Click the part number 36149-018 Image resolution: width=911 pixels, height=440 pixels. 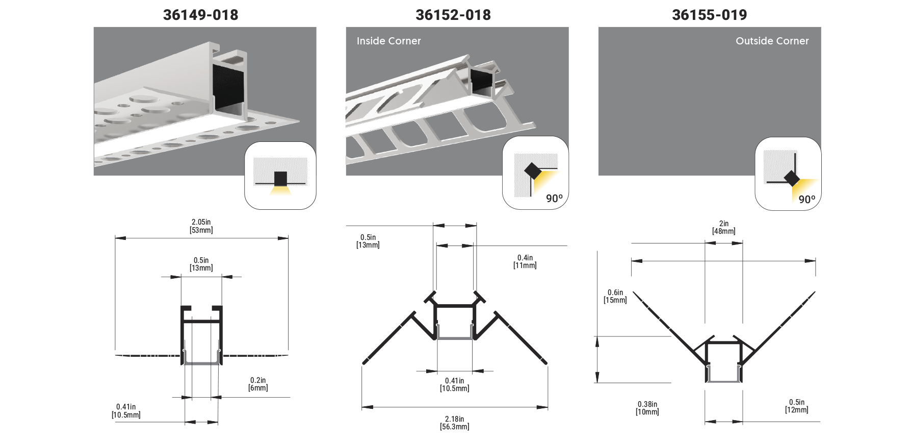(x=200, y=15)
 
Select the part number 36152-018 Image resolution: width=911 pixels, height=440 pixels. (x=453, y=15)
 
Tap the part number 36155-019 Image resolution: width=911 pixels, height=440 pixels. (x=709, y=15)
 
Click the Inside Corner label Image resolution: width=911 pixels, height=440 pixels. (x=388, y=41)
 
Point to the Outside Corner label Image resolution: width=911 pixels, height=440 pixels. (x=772, y=41)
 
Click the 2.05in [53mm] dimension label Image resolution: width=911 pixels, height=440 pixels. (x=201, y=226)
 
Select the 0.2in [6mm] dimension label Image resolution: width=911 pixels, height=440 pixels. (x=258, y=384)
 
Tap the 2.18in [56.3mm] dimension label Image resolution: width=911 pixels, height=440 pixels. (x=454, y=423)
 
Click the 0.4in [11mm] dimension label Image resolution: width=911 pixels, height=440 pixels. (x=525, y=262)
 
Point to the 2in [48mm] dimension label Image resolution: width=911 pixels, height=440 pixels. (x=723, y=227)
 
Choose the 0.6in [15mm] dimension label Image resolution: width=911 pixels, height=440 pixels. (x=615, y=297)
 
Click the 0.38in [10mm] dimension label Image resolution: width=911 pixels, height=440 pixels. (x=647, y=408)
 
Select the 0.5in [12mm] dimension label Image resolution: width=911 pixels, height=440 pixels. (x=796, y=406)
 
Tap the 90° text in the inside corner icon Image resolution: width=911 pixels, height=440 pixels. (x=554, y=198)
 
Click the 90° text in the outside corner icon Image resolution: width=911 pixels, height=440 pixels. (x=806, y=199)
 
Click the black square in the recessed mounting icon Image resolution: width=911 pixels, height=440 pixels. (x=280, y=179)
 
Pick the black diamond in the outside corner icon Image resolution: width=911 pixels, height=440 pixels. (x=792, y=178)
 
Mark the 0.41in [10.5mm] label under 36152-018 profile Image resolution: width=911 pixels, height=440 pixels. (x=454, y=384)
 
